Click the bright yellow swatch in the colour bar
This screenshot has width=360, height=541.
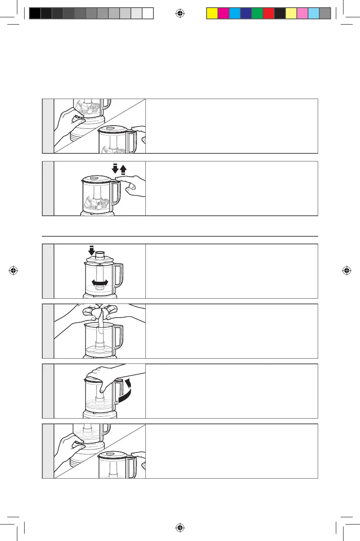click(212, 13)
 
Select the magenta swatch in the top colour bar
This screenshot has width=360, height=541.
click(223, 13)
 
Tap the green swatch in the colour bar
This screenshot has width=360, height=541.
click(257, 13)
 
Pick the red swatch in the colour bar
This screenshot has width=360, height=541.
click(268, 13)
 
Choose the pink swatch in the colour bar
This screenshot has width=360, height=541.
click(302, 13)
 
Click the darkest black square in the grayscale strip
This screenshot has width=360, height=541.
click(35, 13)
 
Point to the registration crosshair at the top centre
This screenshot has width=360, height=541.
click(180, 14)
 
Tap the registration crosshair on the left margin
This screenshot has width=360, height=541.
click(14, 270)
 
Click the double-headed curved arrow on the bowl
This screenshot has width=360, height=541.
click(100, 283)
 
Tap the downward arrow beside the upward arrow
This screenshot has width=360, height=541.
click(116, 169)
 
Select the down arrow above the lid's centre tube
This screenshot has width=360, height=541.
click(92, 250)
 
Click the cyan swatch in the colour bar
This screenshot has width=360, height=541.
click(234, 13)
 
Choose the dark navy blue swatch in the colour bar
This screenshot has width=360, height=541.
click(246, 13)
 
